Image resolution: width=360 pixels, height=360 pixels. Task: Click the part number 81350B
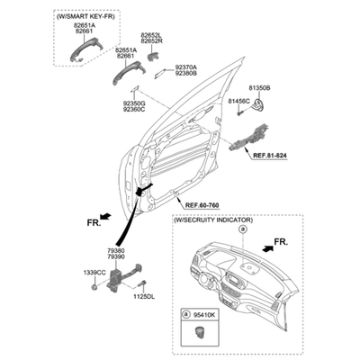tap(259, 88)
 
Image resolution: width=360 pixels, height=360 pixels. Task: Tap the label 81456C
tap(238, 101)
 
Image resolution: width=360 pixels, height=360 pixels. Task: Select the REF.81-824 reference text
tap(270, 156)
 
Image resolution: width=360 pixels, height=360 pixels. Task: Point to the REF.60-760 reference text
tap(202, 205)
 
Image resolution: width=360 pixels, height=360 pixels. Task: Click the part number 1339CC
tap(94, 273)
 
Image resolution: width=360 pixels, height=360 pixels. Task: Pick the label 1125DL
tap(144, 297)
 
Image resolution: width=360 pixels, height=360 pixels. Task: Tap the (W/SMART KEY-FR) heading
tap(85, 16)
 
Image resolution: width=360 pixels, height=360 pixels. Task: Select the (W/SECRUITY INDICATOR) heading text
tap(213, 220)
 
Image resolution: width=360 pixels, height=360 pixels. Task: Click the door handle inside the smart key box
tap(85, 49)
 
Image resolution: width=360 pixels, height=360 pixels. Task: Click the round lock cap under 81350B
tap(258, 104)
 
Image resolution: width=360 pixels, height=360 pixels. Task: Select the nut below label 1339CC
tap(94, 288)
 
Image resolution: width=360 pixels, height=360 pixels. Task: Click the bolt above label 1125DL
tap(142, 283)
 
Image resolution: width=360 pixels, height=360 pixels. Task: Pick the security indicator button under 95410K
tap(199, 331)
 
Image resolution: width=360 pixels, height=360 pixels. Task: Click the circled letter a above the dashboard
tap(242, 229)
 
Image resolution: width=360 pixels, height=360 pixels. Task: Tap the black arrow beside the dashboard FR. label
tap(268, 247)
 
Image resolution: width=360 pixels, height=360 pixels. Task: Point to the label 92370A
tap(186, 67)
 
